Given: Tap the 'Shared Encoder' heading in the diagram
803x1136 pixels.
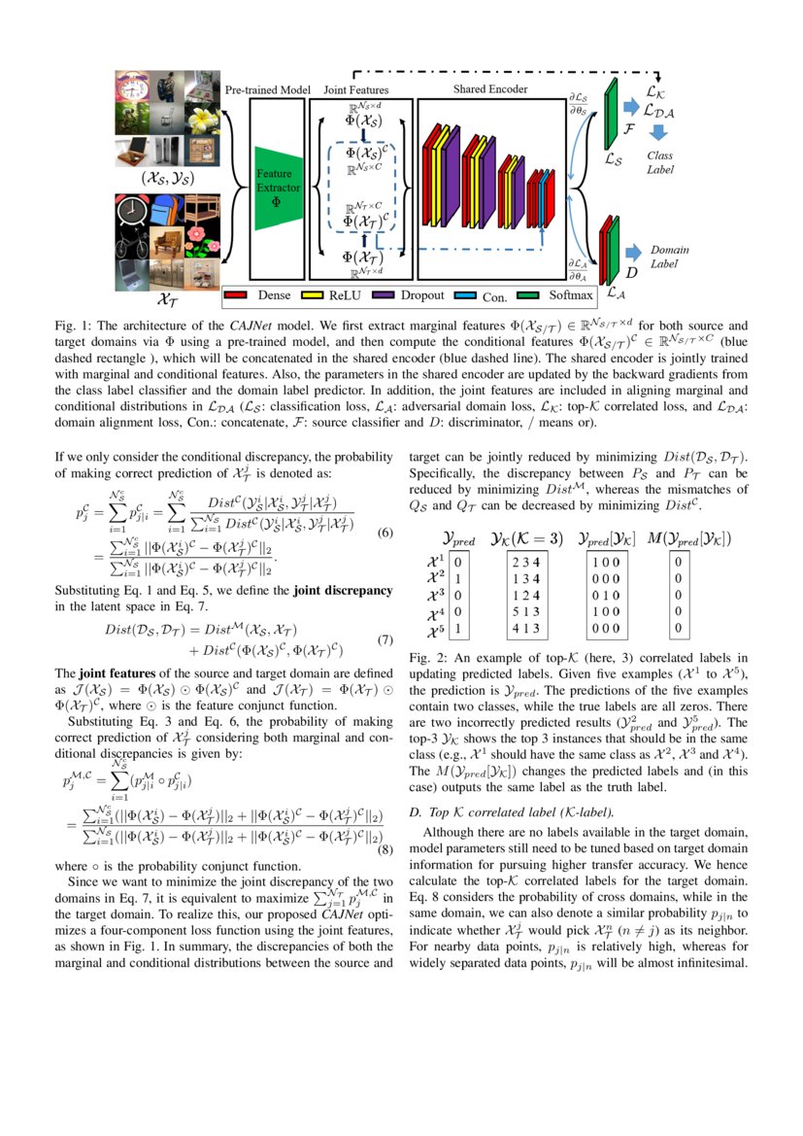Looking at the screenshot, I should click(x=490, y=89).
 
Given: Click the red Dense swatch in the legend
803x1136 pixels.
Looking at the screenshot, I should click(x=239, y=294).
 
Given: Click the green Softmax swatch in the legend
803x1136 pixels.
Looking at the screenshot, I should click(x=528, y=294).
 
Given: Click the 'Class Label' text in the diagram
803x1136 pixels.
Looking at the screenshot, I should click(x=660, y=161).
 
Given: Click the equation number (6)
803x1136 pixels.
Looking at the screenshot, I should click(x=385, y=533).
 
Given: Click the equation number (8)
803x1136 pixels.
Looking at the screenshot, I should click(x=385, y=848).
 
